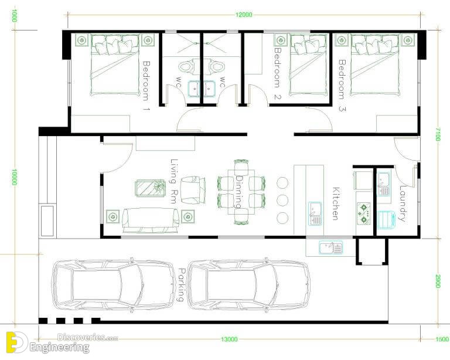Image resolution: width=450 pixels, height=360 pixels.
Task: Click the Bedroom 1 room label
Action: click(146, 86)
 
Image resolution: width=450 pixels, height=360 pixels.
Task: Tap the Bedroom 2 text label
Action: click(278, 73)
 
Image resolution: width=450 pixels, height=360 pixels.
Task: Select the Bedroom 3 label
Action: click(342, 85)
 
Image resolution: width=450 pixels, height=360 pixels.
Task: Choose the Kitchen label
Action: click(336, 203)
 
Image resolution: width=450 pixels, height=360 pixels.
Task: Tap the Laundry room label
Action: click(403, 203)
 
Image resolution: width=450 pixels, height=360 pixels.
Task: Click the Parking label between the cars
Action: click(182, 284)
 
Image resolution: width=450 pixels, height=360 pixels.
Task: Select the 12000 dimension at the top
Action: click(244, 15)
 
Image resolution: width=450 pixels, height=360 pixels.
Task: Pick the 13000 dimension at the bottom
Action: click(229, 339)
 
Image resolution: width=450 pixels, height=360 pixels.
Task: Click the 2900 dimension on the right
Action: click(438, 281)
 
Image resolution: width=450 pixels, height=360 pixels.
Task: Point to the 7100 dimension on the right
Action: click(438, 134)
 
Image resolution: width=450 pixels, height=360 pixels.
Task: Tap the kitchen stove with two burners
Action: click(363, 213)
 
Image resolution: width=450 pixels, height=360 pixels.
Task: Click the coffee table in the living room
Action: click(150, 188)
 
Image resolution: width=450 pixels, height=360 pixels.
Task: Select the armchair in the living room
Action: click(193, 190)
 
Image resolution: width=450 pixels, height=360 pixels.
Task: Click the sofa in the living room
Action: click(151, 220)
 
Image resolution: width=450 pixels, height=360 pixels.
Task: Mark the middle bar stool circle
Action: click(282, 201)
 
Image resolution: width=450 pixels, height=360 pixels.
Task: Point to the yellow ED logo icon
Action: click(16, 342)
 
